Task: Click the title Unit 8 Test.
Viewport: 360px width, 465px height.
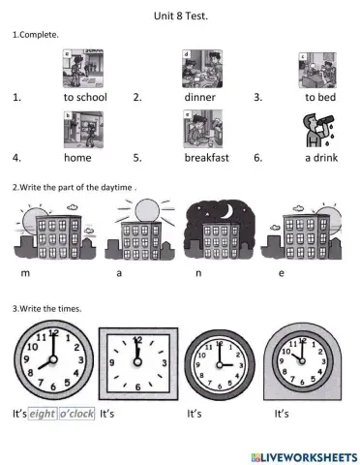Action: (x=180, y=15)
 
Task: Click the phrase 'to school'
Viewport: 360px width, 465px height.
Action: (x=85, y=97)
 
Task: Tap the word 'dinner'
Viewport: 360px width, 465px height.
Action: (x=200, y=97)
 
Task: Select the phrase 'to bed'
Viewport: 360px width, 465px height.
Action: (x=320, y=97)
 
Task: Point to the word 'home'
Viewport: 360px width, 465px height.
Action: (x=76, y=156)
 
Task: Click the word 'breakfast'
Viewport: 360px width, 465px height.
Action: (x=207, y=156)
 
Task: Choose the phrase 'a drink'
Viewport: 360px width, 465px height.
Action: (x=320, y=156)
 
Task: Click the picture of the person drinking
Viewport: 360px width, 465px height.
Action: (x=316, y=127)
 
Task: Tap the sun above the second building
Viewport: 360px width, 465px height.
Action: (x=146, y=208)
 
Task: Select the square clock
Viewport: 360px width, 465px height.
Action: (x=136, y=363)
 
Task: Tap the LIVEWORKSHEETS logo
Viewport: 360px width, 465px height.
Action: (x=298, y=454)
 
